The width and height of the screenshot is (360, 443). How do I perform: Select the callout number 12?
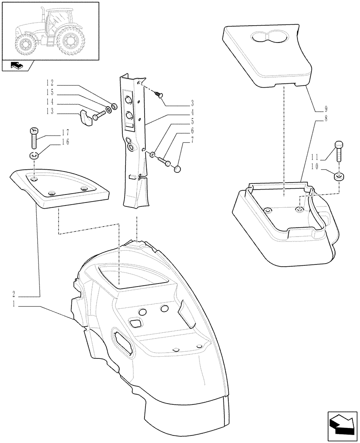[49, 83]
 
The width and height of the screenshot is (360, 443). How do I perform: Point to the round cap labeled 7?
[177, 168]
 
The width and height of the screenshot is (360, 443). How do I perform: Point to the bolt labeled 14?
[99, 115]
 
